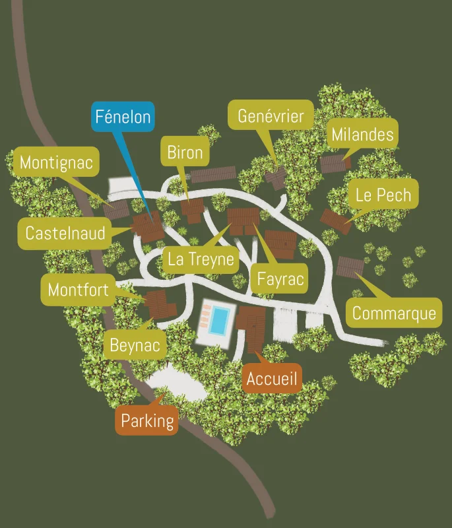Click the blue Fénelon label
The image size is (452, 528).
pyautogui.click(x=123, y=117)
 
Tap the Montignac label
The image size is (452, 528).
pyautogui.click(x=56, y=162)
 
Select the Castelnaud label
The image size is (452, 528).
pyautogui.click(x=65, y=233)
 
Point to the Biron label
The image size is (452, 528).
pyautogui.click(x=185, y=153)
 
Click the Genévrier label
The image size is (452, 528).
pyautogui.click(x=271, y=116)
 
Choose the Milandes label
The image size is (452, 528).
pyautogui.click(x=362, y=135)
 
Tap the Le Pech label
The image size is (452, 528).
pyautogui.click(x=383, y=195)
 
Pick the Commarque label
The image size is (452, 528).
pyautogui.click(x=394, y=313)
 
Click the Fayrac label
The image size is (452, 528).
pyautogui.click(x=280, y=279)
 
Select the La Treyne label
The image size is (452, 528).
pyautogui.click(x=201, y=259)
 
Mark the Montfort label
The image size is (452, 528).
pyautogui.click(x=78, y=290)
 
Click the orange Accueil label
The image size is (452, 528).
pyautogui.click(x=273, y=379)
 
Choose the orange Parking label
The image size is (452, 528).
pyautogui.click(x=147, y=420)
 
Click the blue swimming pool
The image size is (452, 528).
pyautogui.click(x=219, y=320)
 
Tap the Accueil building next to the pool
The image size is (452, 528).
pyautogui.click(x=252, y=327)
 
